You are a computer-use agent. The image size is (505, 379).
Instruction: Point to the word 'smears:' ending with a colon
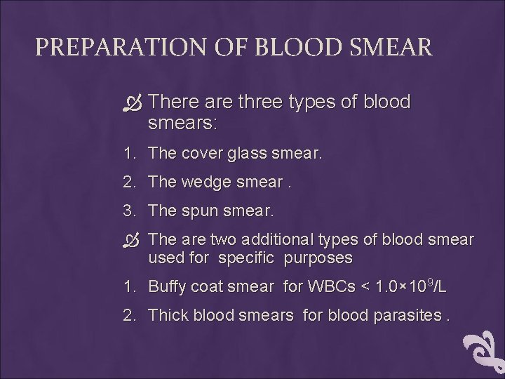(183, 124)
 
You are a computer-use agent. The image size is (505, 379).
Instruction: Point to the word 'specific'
(245, 258)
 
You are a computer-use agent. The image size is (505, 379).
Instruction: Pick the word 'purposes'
(318, 258)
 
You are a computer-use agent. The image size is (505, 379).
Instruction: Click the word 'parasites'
(410, 315)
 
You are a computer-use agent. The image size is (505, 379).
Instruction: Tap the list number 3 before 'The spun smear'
(128, 211)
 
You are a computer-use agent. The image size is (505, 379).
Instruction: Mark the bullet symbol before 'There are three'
(135, 103)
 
